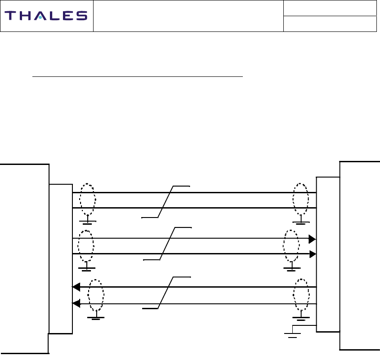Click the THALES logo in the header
46,16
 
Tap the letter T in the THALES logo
11,16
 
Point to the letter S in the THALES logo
81,16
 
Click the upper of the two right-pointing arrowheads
312,239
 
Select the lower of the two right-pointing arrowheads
312,254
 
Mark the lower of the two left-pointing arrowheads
76,304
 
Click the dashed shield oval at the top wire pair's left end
87,200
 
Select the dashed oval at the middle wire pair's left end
86,246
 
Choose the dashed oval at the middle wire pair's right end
291,246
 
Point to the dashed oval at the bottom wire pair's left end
96,295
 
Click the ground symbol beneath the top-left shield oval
87,222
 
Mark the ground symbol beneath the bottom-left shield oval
96,317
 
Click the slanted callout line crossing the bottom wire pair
166,293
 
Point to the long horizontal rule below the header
138,77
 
